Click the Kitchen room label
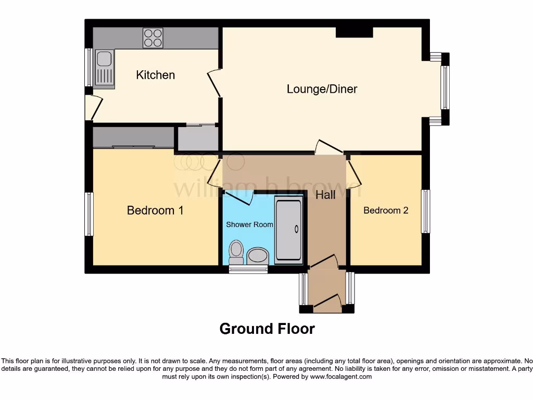155,75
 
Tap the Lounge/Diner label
322,89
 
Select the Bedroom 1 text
155,210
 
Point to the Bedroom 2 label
386,210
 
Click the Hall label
325,195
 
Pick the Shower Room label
249,224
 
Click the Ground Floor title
266,329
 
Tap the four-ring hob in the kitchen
153,38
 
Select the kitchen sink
104,69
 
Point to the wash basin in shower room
257,255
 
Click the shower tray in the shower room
288,229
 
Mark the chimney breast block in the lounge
354,32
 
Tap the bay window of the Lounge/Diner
445,89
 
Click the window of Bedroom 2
426,211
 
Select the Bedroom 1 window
89,214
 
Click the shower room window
248,269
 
